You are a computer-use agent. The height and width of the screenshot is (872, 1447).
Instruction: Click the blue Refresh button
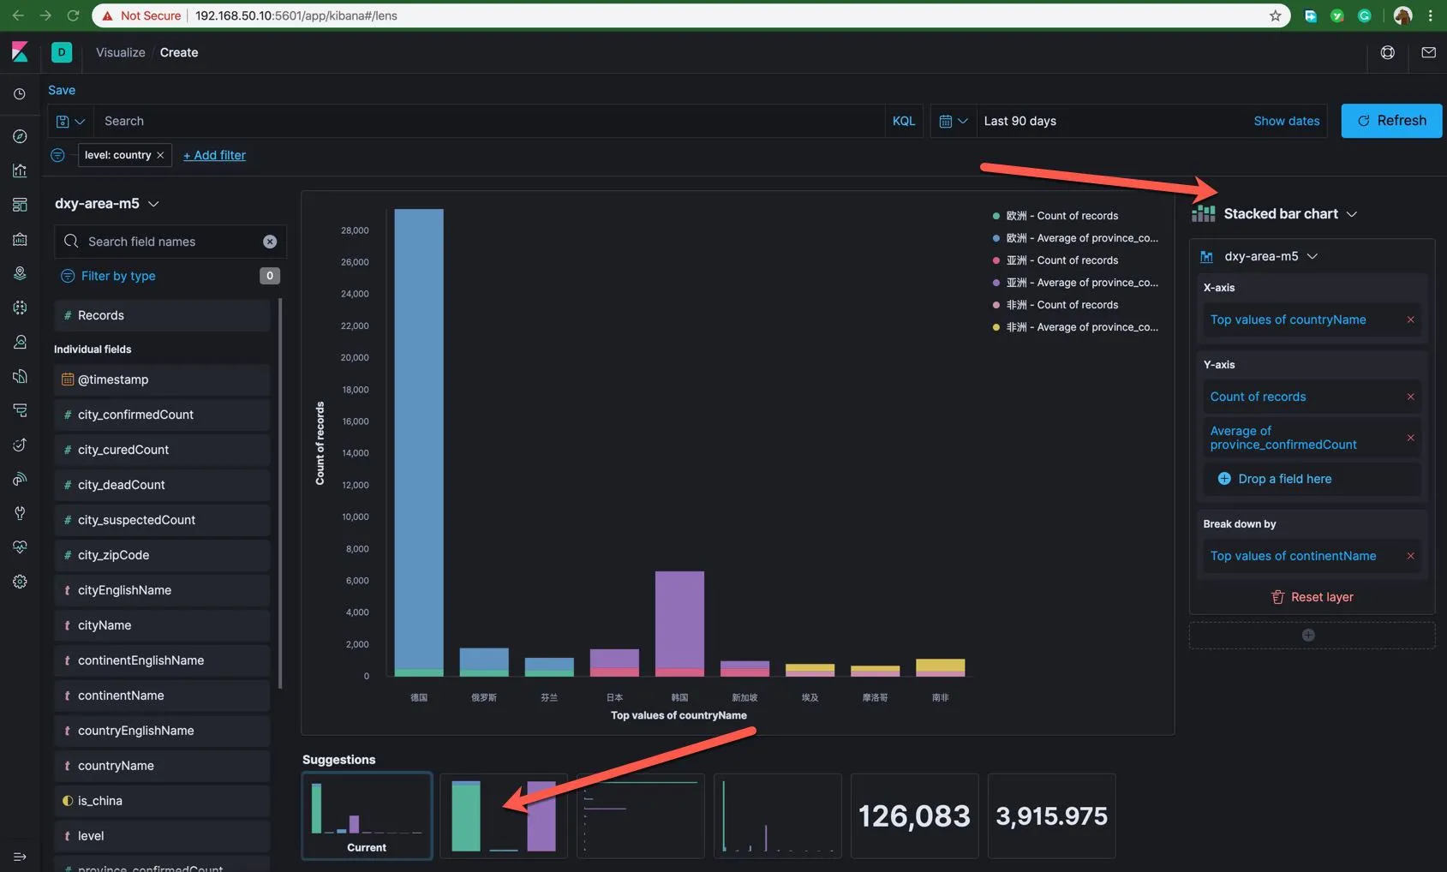1391,121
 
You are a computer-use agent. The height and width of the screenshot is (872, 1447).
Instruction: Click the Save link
62,90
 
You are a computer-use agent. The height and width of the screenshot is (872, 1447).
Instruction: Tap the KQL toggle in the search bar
903,121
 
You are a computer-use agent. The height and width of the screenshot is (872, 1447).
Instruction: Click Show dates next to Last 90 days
1286,121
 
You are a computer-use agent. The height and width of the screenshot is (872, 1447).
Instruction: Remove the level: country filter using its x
160,155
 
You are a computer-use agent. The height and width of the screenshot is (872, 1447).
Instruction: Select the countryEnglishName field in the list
135,731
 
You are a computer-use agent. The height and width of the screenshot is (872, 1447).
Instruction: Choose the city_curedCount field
123,450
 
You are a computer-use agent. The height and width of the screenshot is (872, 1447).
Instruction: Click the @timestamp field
113,379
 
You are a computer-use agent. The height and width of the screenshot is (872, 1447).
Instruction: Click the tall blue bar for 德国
419,437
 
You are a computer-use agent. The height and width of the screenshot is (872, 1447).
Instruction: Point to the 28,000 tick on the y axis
355,230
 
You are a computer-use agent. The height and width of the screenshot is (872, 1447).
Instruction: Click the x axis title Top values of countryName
679,715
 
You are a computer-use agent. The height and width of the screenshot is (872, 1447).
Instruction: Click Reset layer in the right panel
1312,597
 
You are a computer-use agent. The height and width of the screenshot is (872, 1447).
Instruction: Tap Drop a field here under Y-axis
1284,479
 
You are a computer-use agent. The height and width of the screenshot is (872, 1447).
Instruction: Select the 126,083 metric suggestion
914,816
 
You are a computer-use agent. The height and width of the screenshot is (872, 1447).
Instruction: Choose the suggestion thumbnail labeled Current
367,816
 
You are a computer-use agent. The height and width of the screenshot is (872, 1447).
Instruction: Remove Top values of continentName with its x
1410,556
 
